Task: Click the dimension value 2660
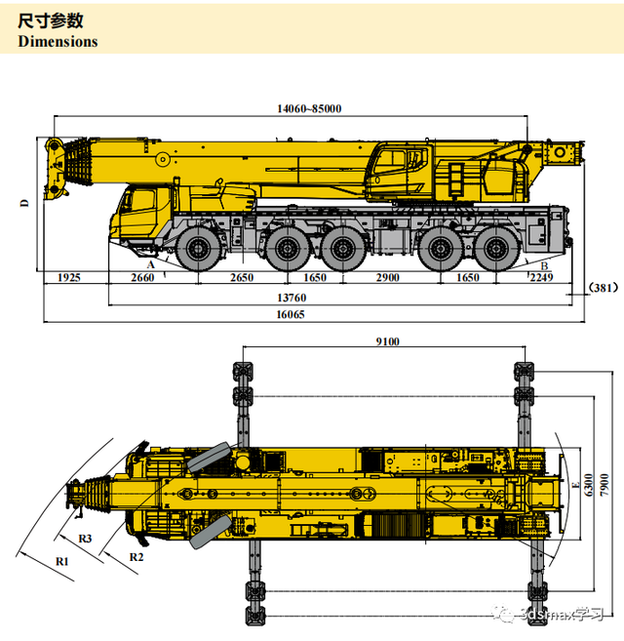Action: point(142,278)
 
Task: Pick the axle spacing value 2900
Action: point(388,278)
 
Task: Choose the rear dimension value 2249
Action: point(541,278)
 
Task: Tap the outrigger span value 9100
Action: point(387,341)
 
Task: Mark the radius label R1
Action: point(62,561)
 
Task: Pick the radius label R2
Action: point(136,556)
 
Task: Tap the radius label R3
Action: point(85,539)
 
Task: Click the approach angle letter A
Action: point(151,264)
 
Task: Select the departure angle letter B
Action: point(544,265)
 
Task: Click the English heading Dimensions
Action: point(58,42)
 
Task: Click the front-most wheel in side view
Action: point(200,251)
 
